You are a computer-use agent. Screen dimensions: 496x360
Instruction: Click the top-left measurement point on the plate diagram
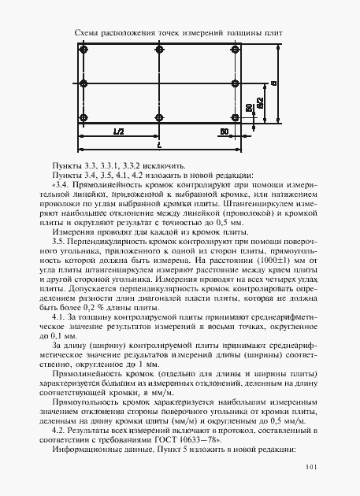[x=83, y=49]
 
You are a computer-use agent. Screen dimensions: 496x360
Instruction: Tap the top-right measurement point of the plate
[x=235, y=49]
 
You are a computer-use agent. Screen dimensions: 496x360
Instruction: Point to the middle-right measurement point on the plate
[x=235, y=82]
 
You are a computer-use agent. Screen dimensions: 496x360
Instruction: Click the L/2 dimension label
[x=119, y=131]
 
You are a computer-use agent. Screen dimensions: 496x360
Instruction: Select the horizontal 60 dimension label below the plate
[x=224, y=131]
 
